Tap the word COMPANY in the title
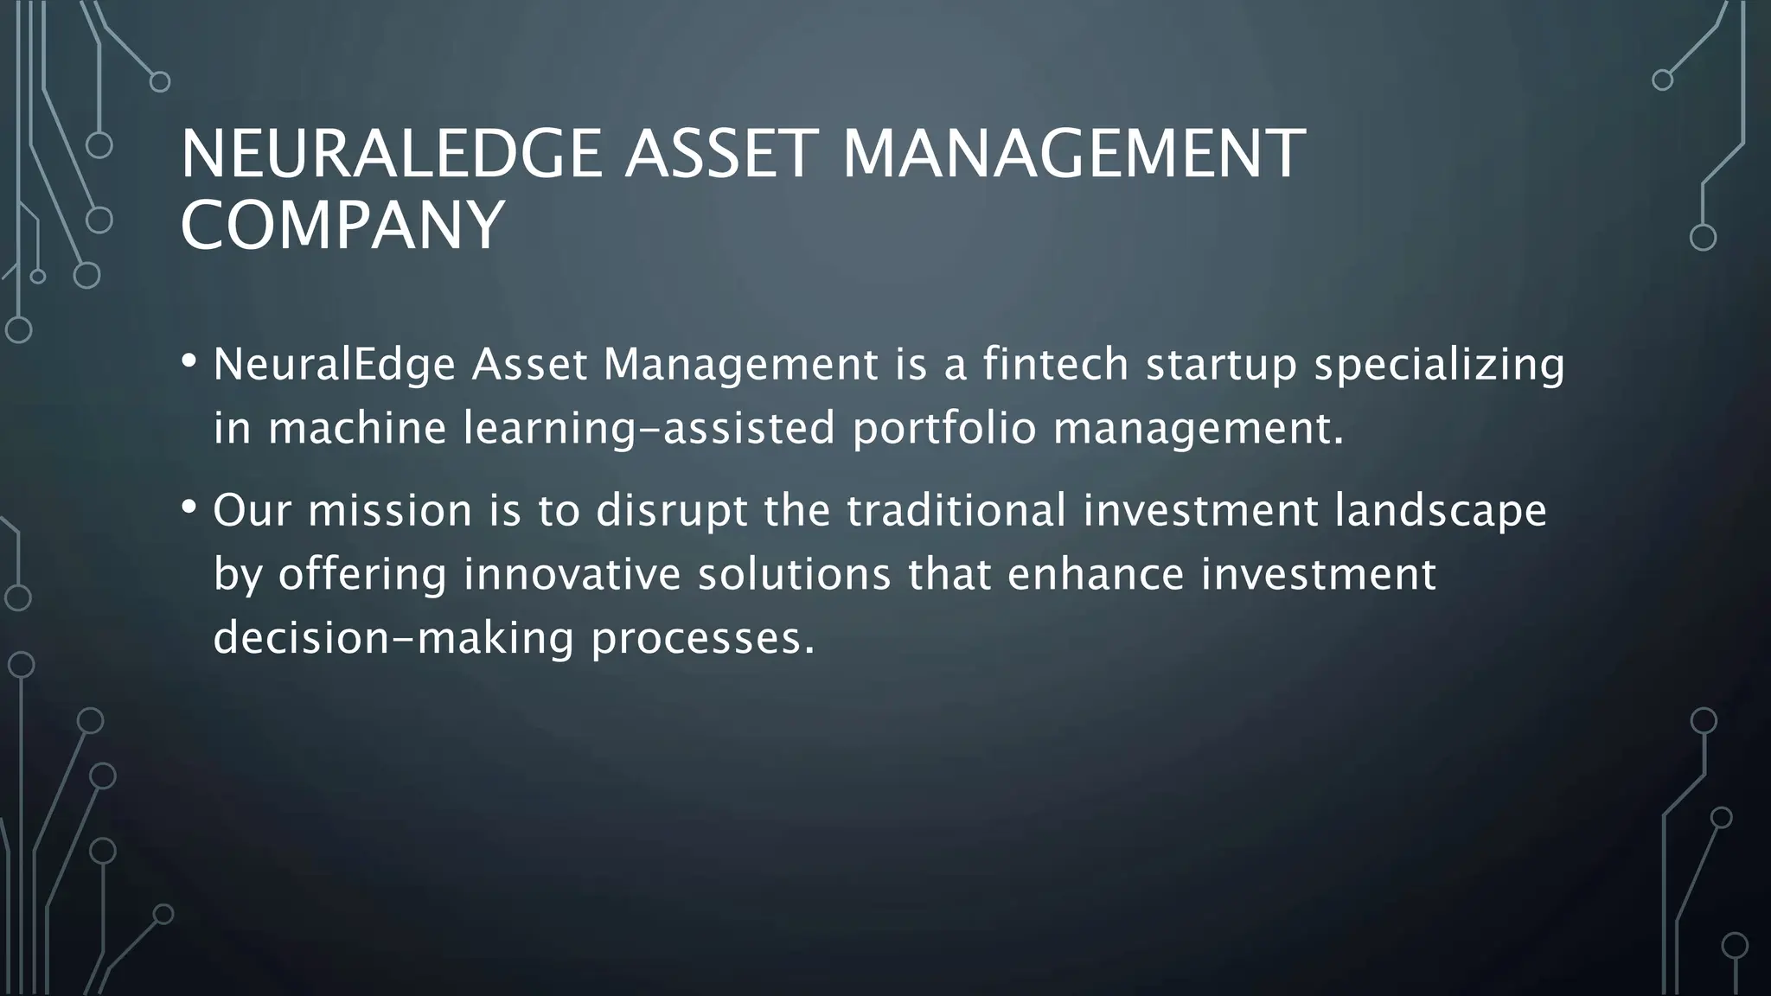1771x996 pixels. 342,225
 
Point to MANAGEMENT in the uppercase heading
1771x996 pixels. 1072,154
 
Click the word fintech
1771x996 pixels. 1055,364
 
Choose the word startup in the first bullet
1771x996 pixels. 1221,366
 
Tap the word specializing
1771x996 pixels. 1439,366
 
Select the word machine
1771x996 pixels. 356,428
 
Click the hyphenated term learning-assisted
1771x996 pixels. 649,430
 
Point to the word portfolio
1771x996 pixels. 943,430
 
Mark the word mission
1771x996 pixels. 390,510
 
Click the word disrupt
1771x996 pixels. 671,512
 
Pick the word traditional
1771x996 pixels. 956,510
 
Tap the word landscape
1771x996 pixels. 1440,512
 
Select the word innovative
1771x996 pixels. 572,574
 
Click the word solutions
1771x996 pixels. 794,574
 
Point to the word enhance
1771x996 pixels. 1096,574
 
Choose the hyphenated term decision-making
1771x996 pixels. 393,639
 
